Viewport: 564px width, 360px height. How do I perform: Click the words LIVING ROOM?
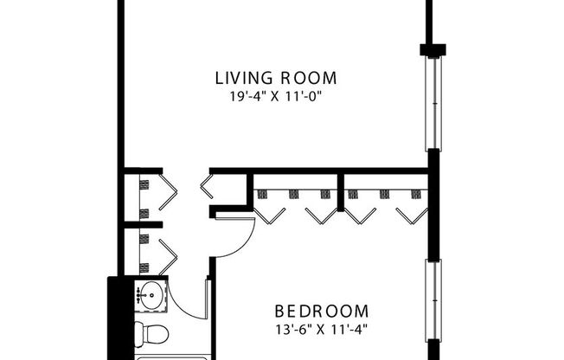pos(275,79)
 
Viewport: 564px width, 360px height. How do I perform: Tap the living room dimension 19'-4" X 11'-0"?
pos(275,98)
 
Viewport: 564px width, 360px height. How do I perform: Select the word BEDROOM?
pos(322,311)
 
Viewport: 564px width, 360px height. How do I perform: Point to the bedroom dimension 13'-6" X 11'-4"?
pos(322,329)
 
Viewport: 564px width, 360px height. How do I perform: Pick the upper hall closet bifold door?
pos(168,193)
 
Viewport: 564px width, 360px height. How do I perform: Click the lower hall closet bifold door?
pos(168,254)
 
